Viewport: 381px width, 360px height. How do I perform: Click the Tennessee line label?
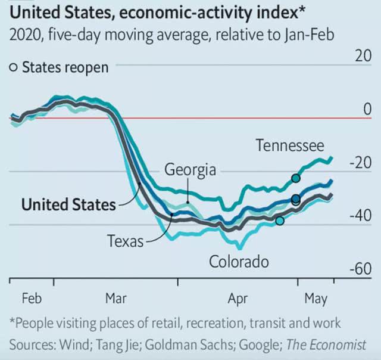point(290,145)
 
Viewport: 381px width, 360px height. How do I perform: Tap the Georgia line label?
point(190,170)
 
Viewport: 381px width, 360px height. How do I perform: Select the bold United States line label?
point(68,204)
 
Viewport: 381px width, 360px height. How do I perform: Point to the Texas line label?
point(125,241)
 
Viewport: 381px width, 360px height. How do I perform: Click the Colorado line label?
point(238,262)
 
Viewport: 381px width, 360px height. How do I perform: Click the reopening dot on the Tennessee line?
point(295,178)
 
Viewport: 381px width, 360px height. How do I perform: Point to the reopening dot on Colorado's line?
point(280,221)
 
